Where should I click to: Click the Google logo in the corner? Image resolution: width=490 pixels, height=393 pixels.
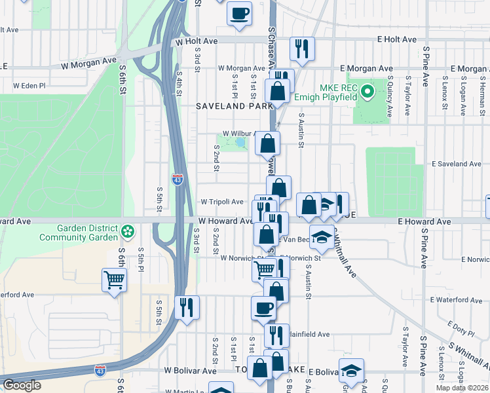tap(22, 385)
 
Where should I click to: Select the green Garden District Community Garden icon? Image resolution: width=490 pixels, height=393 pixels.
tap(128, 231)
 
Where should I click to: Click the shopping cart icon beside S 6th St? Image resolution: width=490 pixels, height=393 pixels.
tap(114, 280)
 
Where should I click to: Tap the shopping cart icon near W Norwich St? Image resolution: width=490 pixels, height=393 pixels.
tap(264, 269)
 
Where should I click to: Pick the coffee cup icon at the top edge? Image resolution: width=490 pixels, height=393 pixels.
tap(240, 12)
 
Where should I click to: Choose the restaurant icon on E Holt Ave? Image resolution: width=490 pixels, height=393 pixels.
tap(302, 48)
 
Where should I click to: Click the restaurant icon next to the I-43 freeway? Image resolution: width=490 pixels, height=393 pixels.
tap(187, 307)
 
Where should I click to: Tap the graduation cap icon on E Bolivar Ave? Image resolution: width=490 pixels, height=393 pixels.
tap(351, 371)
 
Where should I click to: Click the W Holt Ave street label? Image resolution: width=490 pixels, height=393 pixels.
tap(197, 41)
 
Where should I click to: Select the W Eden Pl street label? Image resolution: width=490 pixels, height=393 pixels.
tap(29, 85)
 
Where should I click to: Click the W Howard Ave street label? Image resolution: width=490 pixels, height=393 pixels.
tap(225, 221)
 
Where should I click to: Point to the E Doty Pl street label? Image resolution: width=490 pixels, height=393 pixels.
tap(461, 325)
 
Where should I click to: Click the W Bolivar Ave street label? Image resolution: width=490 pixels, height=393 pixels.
tap(190, 371)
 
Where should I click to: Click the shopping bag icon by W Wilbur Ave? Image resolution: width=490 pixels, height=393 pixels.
tap(267, 143)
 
